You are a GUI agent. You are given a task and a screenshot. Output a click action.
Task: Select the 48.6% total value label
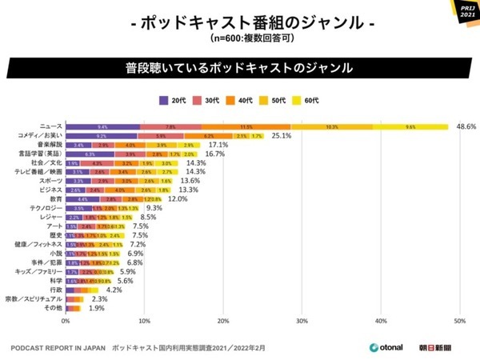pyautogui.click(x=466, y=126)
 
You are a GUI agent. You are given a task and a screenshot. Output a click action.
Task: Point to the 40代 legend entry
pyautogui.click(x=242, y=100)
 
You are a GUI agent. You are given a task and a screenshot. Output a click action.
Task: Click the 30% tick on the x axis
pyautogui.click(x=302, y=322)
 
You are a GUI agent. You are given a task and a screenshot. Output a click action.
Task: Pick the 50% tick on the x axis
pyautogui.click(x=459, y=322)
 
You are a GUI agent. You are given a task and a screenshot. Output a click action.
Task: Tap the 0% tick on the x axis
pyautogui.click(x=66, y=322)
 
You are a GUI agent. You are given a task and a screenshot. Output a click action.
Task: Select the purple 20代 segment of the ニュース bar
pyautogui.click(x=102, y=126)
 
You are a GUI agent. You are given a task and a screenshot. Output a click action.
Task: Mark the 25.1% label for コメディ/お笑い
pyautogui.click(x=281, y=137)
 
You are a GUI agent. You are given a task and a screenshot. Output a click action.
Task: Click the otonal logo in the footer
pyautogui.click(x=385, y=348)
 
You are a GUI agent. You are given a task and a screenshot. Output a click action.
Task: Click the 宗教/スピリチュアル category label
pyautogui.click(x=33, y=298)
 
